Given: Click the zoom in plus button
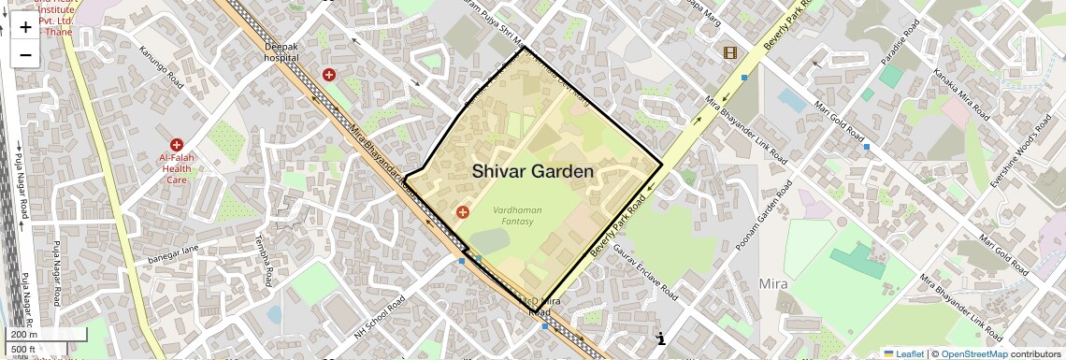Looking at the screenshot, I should [x=25, y=27].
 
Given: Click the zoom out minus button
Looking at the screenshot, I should [x=25, y=54].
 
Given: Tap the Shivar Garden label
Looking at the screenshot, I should [x=532, y=171].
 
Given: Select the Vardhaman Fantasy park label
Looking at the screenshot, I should [x=516, y=216].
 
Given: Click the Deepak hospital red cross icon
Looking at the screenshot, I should [x=329, y=74].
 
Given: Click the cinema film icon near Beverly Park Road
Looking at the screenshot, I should [x=729, y=52].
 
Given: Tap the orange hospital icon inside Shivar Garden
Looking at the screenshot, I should [x=462, y=213].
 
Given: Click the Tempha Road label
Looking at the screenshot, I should [x=263, y=263].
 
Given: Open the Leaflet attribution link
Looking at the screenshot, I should [x=903, y=353].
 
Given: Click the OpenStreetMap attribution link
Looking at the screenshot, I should [x=973, y=353].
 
